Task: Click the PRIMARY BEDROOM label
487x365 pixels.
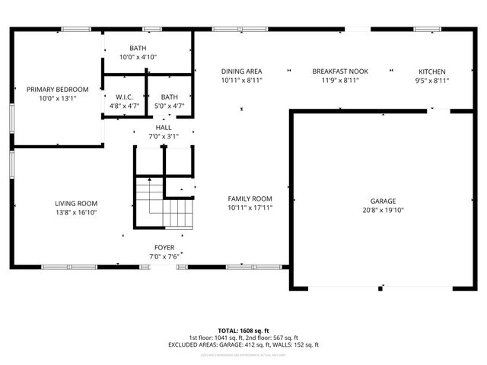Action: [58, 89]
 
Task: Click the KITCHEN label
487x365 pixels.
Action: [431, 71]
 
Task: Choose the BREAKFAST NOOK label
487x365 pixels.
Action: [339, 71]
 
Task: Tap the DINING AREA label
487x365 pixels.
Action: [242, 71]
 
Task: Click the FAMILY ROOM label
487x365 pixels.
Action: [250, 198]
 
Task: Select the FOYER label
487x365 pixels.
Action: [164, 247]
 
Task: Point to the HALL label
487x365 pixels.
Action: [164, 127]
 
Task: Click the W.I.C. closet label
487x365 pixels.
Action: [125, 97]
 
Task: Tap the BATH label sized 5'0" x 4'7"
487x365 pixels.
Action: [169, 97]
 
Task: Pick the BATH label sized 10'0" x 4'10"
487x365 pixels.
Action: [138, 48]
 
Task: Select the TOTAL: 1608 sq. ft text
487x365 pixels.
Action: [243, 330]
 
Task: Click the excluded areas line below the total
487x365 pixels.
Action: [243, 344]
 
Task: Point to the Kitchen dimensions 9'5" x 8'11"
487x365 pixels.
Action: [431, 80]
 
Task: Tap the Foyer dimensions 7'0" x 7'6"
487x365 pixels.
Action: [164, 256]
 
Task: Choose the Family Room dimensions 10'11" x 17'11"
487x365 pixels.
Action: [250, 207]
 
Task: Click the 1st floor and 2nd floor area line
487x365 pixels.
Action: [243, 338]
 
